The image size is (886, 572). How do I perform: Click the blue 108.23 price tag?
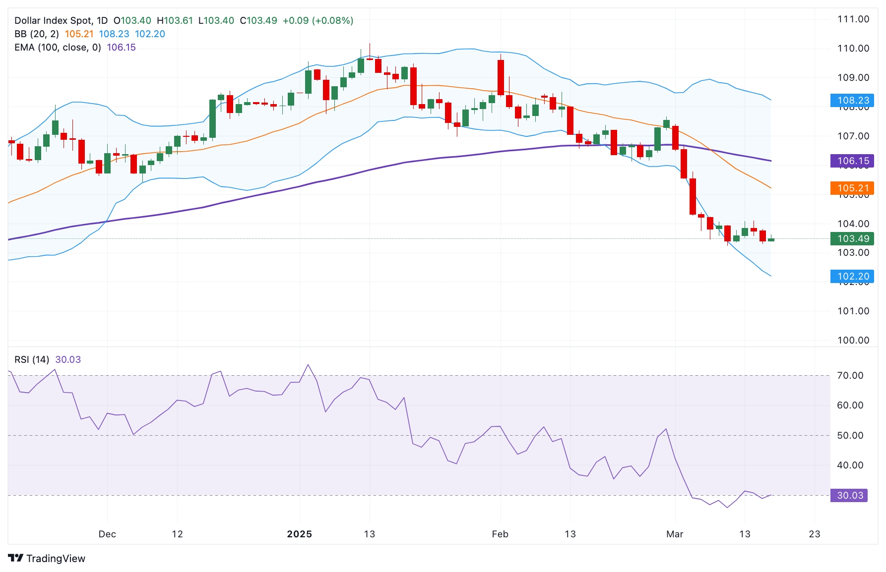(853, 101)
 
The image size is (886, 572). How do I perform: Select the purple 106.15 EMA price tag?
(853, 161)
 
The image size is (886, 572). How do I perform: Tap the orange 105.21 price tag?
(853, 188)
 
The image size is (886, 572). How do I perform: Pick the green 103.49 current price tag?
(853, 238)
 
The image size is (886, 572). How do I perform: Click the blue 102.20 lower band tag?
(853, 276)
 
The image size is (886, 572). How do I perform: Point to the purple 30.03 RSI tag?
(849, 495)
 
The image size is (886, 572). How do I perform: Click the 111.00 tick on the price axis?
(853, 19)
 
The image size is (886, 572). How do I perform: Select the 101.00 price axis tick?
(853, 311)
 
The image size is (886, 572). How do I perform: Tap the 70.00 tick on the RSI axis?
(850, 375)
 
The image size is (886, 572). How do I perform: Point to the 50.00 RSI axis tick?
(850, 435)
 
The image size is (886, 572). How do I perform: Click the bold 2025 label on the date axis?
(299, 534)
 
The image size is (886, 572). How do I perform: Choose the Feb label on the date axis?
(500, 534)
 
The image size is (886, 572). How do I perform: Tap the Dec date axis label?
(107, 534)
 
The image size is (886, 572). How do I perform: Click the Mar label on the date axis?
(675, 534)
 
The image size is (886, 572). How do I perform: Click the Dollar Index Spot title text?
(54, 21)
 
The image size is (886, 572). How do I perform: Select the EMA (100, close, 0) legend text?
(58, 48)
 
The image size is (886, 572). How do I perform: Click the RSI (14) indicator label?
(32, 359)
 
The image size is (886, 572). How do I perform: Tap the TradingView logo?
(47, 558)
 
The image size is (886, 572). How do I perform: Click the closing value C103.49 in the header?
(258, 21)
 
